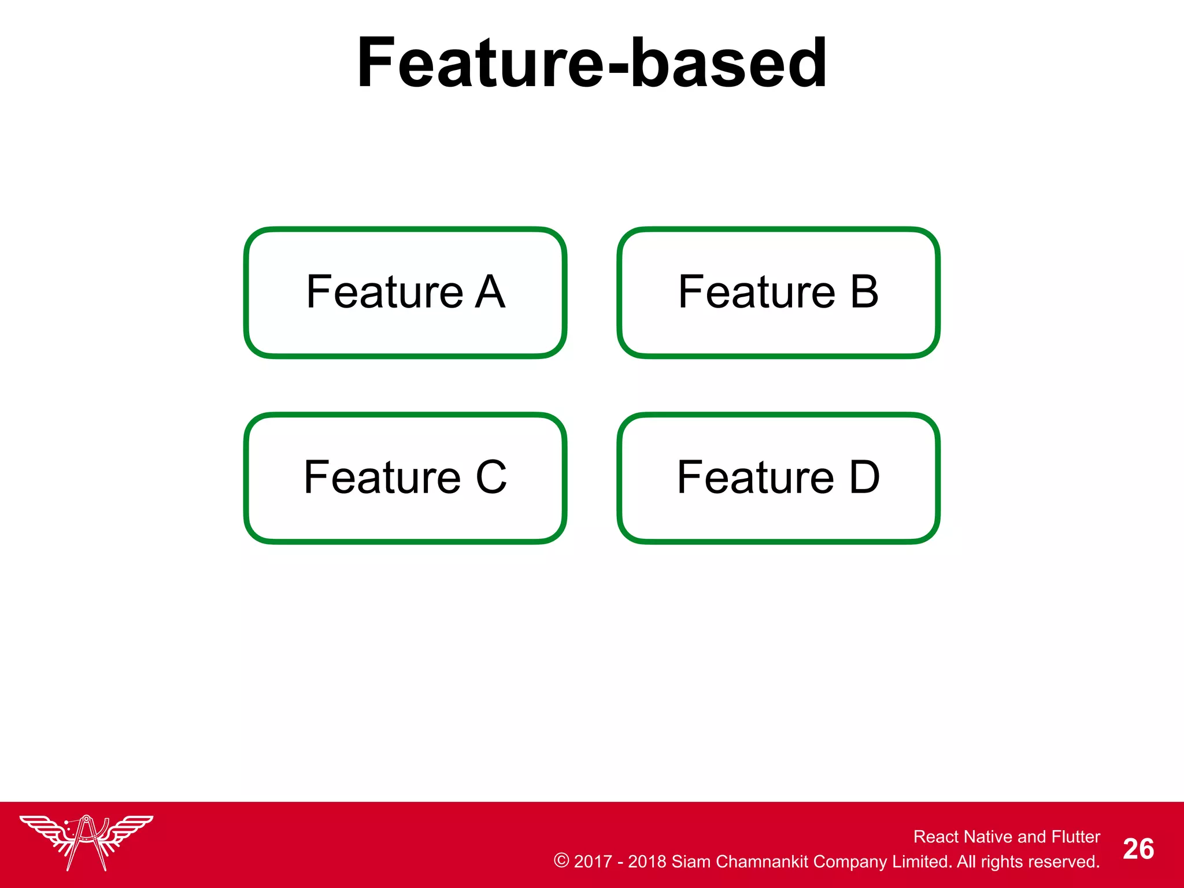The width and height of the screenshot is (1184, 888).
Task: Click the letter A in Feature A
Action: coord(490,292)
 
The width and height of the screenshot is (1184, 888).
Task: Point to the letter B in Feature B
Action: coord(864,292)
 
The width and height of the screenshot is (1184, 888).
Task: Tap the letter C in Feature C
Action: coord(491,478)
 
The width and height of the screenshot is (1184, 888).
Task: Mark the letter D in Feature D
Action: coord(864,478)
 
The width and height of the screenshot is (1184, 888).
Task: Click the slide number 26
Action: coord(1138,849)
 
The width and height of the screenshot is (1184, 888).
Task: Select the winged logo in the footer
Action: coord(87,842)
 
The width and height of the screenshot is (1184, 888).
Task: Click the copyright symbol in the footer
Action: coord(561,860)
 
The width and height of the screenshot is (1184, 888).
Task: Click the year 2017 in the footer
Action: coord(593,861)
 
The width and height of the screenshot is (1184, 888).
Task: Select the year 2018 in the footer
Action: coord(647,861)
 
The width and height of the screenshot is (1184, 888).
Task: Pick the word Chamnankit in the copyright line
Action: coord(762,861)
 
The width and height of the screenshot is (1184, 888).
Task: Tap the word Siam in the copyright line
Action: coord(691,861)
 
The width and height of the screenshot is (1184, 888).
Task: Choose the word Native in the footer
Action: coord(988,837)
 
